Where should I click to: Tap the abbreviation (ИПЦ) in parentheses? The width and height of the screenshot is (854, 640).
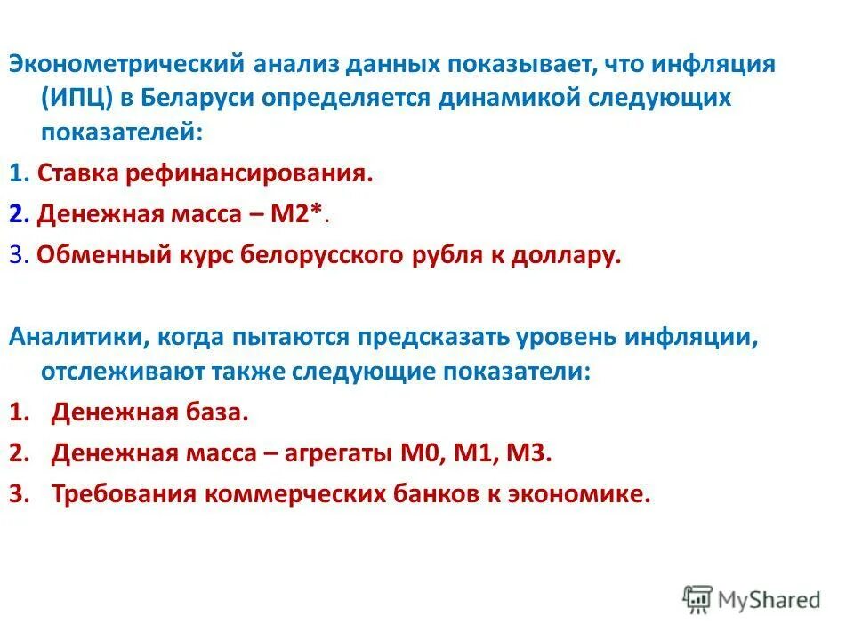[77, 97]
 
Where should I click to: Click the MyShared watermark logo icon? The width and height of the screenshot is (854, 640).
[698, 599]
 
